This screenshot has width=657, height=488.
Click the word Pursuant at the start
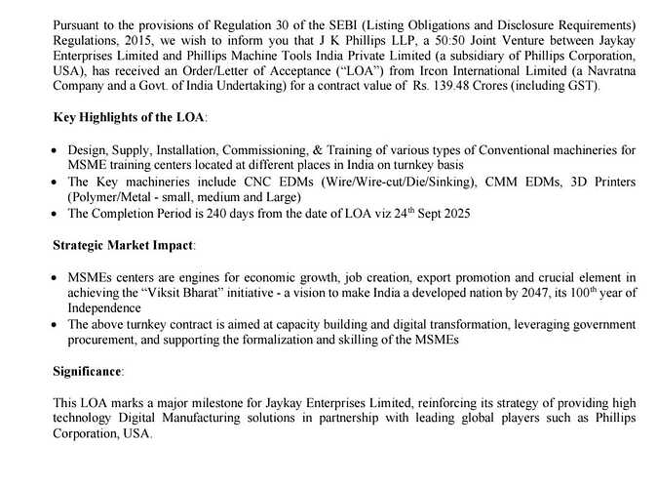tap(76, 22)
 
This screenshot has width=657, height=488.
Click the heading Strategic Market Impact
tap(124, 244)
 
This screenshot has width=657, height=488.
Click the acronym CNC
tap(257, 183)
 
